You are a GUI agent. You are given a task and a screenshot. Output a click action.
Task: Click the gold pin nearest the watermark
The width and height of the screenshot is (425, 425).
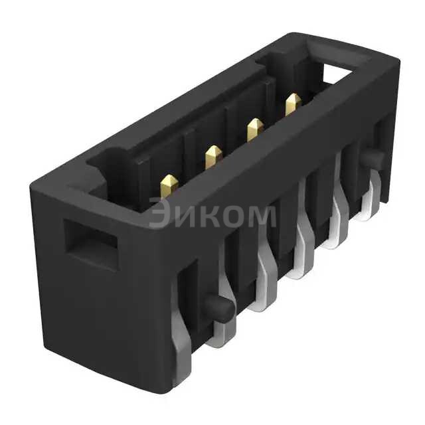tap(169, 185)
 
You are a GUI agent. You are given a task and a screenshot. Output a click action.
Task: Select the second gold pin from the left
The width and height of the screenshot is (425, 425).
tap(212, 157)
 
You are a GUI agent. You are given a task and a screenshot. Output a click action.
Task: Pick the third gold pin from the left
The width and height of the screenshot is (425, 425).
tap(254, 128)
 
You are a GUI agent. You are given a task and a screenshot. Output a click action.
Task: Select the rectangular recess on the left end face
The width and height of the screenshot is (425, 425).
tap(92, 242)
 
